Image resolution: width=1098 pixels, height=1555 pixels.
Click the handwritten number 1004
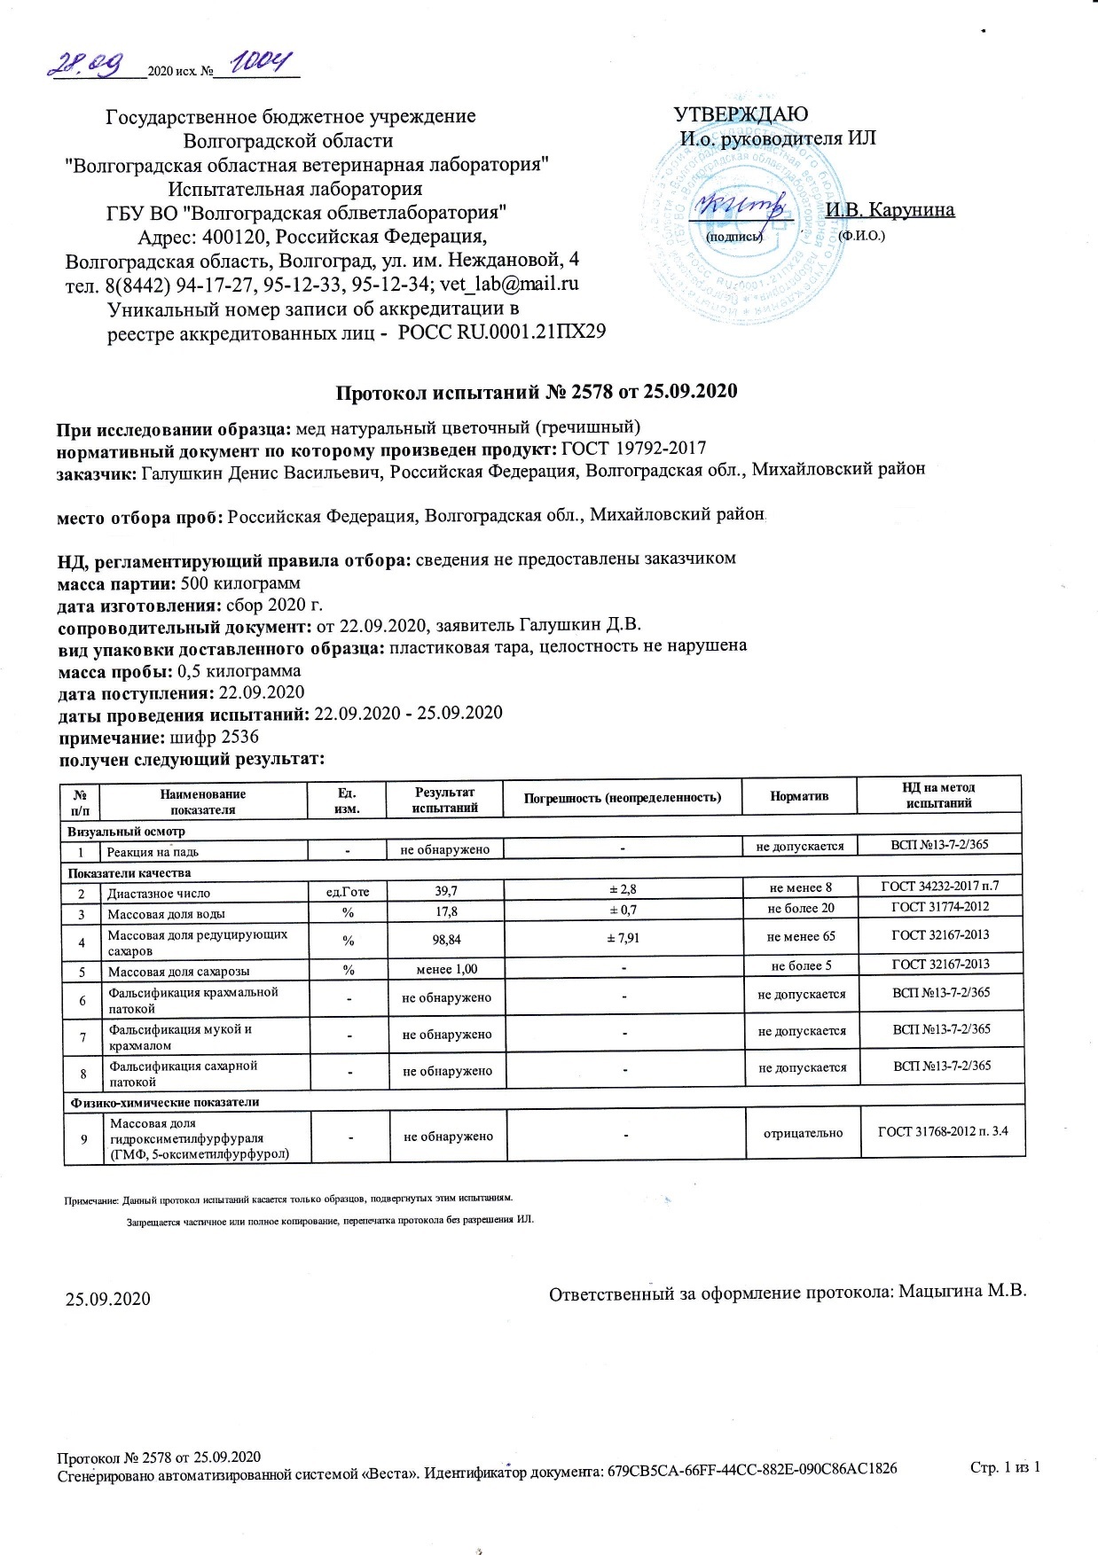[264, 63]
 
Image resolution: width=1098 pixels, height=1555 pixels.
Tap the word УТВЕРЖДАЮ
[741, 114]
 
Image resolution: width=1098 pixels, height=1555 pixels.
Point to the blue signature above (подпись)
[742, 206]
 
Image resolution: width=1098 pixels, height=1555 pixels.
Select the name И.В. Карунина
[890, 210]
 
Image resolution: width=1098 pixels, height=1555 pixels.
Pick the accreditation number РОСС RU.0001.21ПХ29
[502, 332]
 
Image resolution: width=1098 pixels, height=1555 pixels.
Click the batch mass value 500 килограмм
[240, 583]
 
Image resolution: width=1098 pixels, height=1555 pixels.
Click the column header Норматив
[799, 796]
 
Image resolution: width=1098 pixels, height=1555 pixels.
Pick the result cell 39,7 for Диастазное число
[446, 890]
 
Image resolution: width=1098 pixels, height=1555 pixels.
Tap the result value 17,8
[446, 911]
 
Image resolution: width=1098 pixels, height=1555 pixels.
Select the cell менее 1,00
[447, 969]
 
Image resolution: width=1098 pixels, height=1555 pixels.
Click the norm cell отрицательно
[803, 1133]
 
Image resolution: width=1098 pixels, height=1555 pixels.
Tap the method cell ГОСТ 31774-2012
[940, 907]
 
